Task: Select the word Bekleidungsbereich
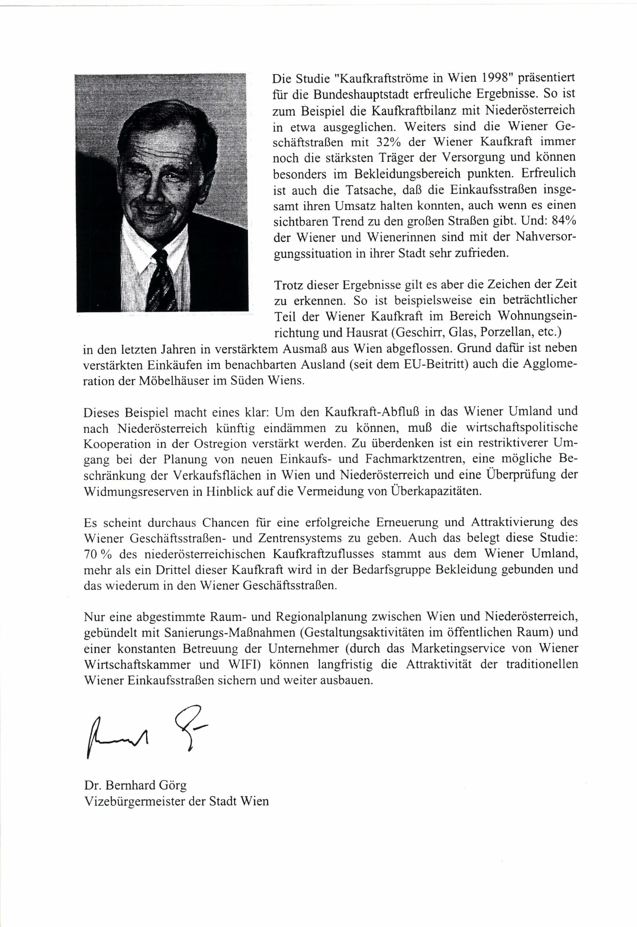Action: point(409,174)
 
